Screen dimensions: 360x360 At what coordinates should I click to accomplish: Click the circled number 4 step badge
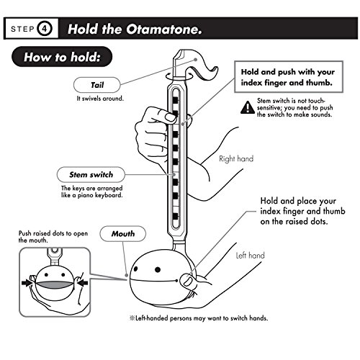pyautogui.click(x=45, y=29)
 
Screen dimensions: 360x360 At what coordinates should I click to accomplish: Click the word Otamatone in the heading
pyautogui.click(x=164, y=30)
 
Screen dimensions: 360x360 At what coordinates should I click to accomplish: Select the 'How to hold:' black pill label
pyautogui.click(x=62, y=57)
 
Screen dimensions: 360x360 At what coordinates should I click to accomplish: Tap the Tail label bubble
pyautogui.click(x=96, y=85)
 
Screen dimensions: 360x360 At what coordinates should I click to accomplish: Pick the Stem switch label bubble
pyautogui.click(x=91, y=174)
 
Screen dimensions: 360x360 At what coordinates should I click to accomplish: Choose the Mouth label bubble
pyautogui.click(x=123, y=233)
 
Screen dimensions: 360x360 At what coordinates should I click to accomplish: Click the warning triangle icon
pyautogui.click(x=248, y=107)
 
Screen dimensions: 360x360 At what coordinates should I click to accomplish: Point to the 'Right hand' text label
pyautogui.click(x=236, y=158)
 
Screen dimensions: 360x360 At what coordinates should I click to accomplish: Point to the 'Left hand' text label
pyautogui.click(x=251, y=255)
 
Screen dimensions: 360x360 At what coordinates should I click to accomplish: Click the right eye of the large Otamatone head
pyautogui.click(x=158, y=269)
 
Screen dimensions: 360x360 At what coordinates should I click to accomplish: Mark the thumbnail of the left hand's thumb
pyautogui.click(x=189, y=280)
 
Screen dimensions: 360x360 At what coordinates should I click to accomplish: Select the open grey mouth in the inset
pyautogui.click(x=55, y=284)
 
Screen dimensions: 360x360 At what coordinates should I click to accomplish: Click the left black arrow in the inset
pyautogui.click(x=27, y=283)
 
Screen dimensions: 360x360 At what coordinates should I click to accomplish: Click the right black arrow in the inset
pyautogui.click(x=83, y=283)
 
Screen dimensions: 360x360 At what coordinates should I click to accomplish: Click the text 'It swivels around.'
pyautogui.click(x=100, y=99)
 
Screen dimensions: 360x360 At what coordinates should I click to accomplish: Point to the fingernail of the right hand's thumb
pyautogui.click(x=171, y=117)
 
